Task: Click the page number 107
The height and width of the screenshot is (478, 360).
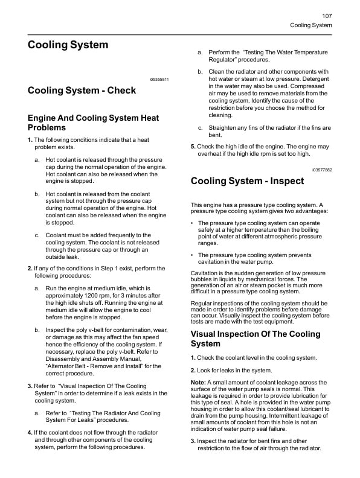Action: pos(327,16)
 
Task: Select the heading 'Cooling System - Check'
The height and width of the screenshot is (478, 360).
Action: pos(82,91)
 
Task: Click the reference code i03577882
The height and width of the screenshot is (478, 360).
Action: pos(322,170)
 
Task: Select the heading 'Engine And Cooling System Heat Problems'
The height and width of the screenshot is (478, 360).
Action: pos(93,123)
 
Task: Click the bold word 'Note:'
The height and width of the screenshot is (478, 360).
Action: pos(198,383)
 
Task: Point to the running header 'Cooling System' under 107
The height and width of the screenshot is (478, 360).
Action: pos(311,25)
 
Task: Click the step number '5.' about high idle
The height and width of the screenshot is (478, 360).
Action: pos(193,147)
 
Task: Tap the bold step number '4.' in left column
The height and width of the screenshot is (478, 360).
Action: pos(30,432)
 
